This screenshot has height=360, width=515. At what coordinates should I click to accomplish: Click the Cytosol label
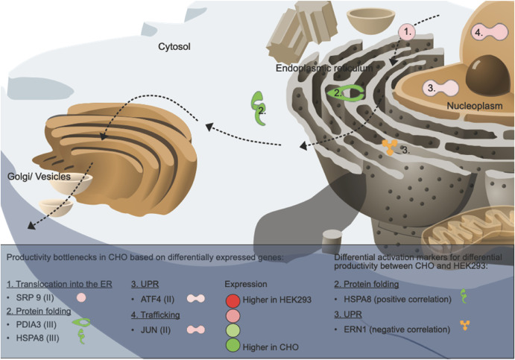click(174, 47)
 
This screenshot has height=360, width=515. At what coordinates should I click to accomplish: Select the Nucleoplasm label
click(476, 106)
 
